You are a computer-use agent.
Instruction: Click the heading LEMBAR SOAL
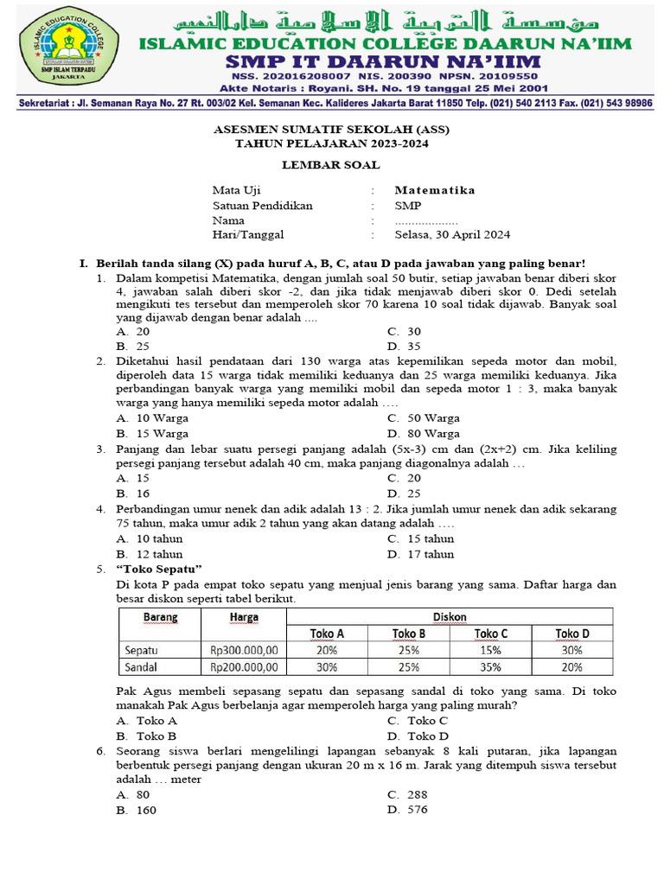(x=331, y=164)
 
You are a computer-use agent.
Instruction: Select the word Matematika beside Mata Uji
(x=435, y=190)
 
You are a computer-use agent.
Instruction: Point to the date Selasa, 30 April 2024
(x=452, y=234)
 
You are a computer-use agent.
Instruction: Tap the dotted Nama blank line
(x=426, y=220)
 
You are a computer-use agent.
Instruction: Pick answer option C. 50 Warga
(x=423, y=418)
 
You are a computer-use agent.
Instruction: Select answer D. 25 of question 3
(x=404, y=493)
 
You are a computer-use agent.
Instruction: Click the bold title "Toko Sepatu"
(x=158, y=569)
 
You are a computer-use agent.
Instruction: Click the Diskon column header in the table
(x=450, y=616)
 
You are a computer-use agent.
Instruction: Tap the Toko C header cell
(x=490, y=634)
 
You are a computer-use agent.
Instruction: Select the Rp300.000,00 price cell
(x=243, y=650)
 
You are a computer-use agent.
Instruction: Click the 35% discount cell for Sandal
(x=490, y=666)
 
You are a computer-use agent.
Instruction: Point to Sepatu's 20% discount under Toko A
(x=327, y=650)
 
